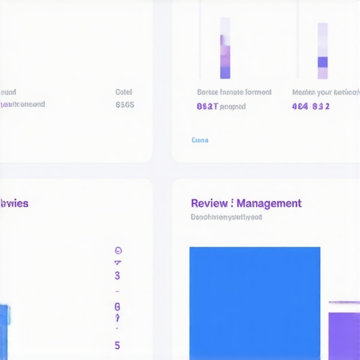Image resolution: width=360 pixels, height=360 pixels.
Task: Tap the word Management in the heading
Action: click(269, 203)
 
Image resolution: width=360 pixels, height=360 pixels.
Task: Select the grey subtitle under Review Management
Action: click(226, 217)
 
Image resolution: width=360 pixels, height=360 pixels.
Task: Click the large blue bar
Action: click(255, 302)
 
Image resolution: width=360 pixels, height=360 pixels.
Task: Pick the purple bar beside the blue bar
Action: click(344, 334)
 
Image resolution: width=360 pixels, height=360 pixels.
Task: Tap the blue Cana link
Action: click(200, 140)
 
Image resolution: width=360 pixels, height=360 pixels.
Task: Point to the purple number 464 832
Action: click(311, 107)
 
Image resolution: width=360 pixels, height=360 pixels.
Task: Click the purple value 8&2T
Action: click(207, 107)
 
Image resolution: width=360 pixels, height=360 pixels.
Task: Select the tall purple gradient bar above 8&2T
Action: click(225, 49)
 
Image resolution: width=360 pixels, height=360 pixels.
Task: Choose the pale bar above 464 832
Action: click(322, 51)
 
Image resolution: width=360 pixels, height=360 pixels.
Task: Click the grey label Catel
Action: click(124, 92)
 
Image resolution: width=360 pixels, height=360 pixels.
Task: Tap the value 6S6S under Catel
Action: click(124, 105)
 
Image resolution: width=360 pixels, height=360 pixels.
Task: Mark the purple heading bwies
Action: click(15, 203)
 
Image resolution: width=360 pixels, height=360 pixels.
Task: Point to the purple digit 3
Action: click(117, 275)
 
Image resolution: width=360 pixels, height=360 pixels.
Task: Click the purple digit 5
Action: click(117, 345)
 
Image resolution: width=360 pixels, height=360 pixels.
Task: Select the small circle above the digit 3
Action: click(117, 250)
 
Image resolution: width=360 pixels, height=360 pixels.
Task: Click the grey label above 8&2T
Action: click(234, 92)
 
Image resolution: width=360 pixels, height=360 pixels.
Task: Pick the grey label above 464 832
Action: click(325, 92)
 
